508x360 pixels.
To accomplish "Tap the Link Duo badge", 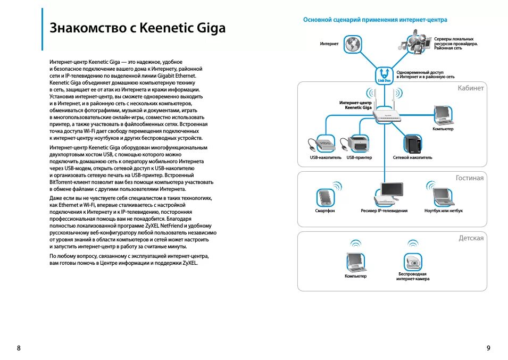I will tap(384, 75).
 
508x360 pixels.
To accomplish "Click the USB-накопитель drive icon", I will tap(322, 143).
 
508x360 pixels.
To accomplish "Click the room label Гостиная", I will tap(469, 178).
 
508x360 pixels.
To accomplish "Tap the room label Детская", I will tap(471, 238).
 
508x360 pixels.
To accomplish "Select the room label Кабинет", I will tap(470, 88).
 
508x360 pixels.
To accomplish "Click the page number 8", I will tap(19, 348).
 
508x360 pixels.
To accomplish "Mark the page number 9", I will tap(488, 348).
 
